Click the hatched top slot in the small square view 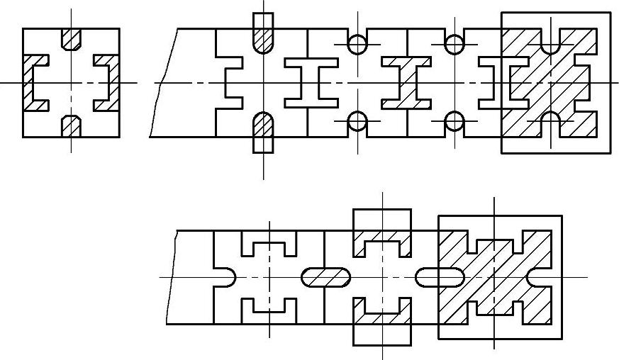point(71,38)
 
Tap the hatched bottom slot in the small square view point(71,126)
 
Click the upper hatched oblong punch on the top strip point(263,32)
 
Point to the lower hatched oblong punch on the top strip point(263,132)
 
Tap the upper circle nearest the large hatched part point(455,44)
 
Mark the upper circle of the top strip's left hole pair point(357,44)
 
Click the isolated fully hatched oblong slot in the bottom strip point(326,276)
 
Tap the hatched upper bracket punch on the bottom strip point(382,237)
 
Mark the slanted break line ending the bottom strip point(172,276)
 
